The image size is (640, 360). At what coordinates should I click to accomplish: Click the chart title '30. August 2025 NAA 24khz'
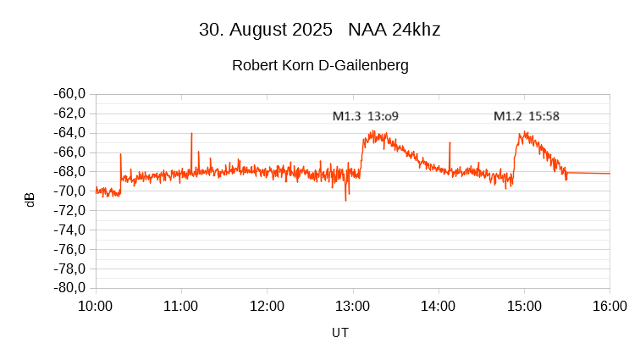tap(319, 30)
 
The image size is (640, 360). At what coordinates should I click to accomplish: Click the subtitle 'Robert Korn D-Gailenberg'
tap(320, 65)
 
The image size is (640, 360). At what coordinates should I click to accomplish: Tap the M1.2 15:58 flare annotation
tap(526, 116)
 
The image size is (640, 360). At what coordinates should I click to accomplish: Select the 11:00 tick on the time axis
tap(181, 306)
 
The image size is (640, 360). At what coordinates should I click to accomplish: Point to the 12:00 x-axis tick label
tap(267, 306)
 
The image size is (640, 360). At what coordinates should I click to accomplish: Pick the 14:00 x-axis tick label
tap(439, 306)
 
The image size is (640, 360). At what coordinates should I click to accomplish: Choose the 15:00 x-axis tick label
tap(524, 306)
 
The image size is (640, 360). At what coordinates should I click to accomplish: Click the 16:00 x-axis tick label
tap(610, 306)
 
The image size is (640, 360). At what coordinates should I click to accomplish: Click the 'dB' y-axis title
tap(30, 200)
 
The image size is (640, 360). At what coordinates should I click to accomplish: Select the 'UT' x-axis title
tap(339, 333)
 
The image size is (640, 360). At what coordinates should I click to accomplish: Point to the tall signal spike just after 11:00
tap(191, 136)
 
